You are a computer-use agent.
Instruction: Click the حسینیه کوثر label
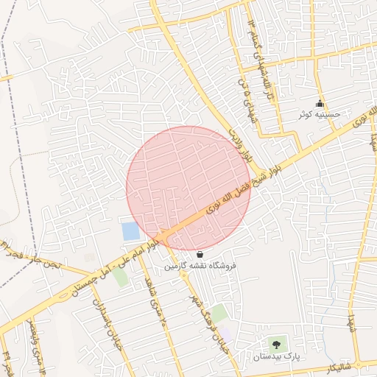point(319,115)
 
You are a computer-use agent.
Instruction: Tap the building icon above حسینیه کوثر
point(320,104)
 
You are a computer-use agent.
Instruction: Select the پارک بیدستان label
point(277,356)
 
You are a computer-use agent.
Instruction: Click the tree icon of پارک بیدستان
point(277,344)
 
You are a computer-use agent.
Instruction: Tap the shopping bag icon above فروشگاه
point(200,254)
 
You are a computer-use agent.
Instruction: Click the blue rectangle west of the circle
point(130,230)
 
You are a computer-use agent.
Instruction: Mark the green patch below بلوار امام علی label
point(119,278)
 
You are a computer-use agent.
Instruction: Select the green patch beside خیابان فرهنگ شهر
point(219,312)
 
